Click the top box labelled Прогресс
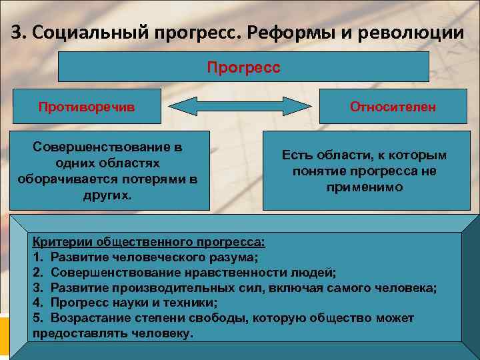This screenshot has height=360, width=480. point(244,67)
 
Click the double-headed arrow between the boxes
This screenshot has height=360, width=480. point(239,107)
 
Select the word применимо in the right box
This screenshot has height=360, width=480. point(364,187)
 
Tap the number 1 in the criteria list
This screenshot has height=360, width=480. point(37,256)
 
